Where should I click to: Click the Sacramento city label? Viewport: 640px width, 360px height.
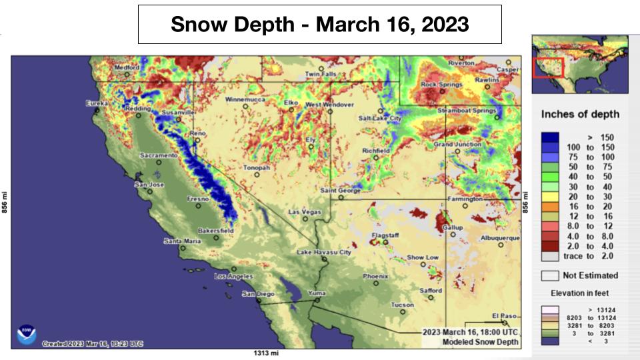point(158,155)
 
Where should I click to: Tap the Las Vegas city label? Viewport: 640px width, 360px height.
point(304,212)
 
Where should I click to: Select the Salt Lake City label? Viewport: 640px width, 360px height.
point(380,118)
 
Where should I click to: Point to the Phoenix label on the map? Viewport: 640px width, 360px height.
point(375,276)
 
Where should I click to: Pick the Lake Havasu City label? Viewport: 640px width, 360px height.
point(324,253)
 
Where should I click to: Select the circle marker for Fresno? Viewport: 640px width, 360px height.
point(198,206)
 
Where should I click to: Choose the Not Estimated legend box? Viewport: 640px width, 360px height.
point(550,275)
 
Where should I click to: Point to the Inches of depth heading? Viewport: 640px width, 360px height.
point(580,114)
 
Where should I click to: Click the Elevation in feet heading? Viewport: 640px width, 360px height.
point(579,293)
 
